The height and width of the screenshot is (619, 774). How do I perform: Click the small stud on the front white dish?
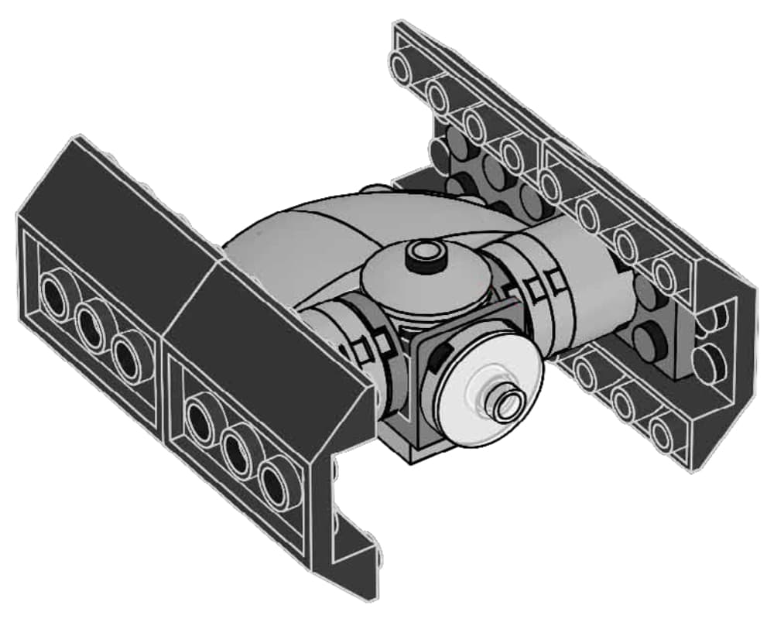508,402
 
